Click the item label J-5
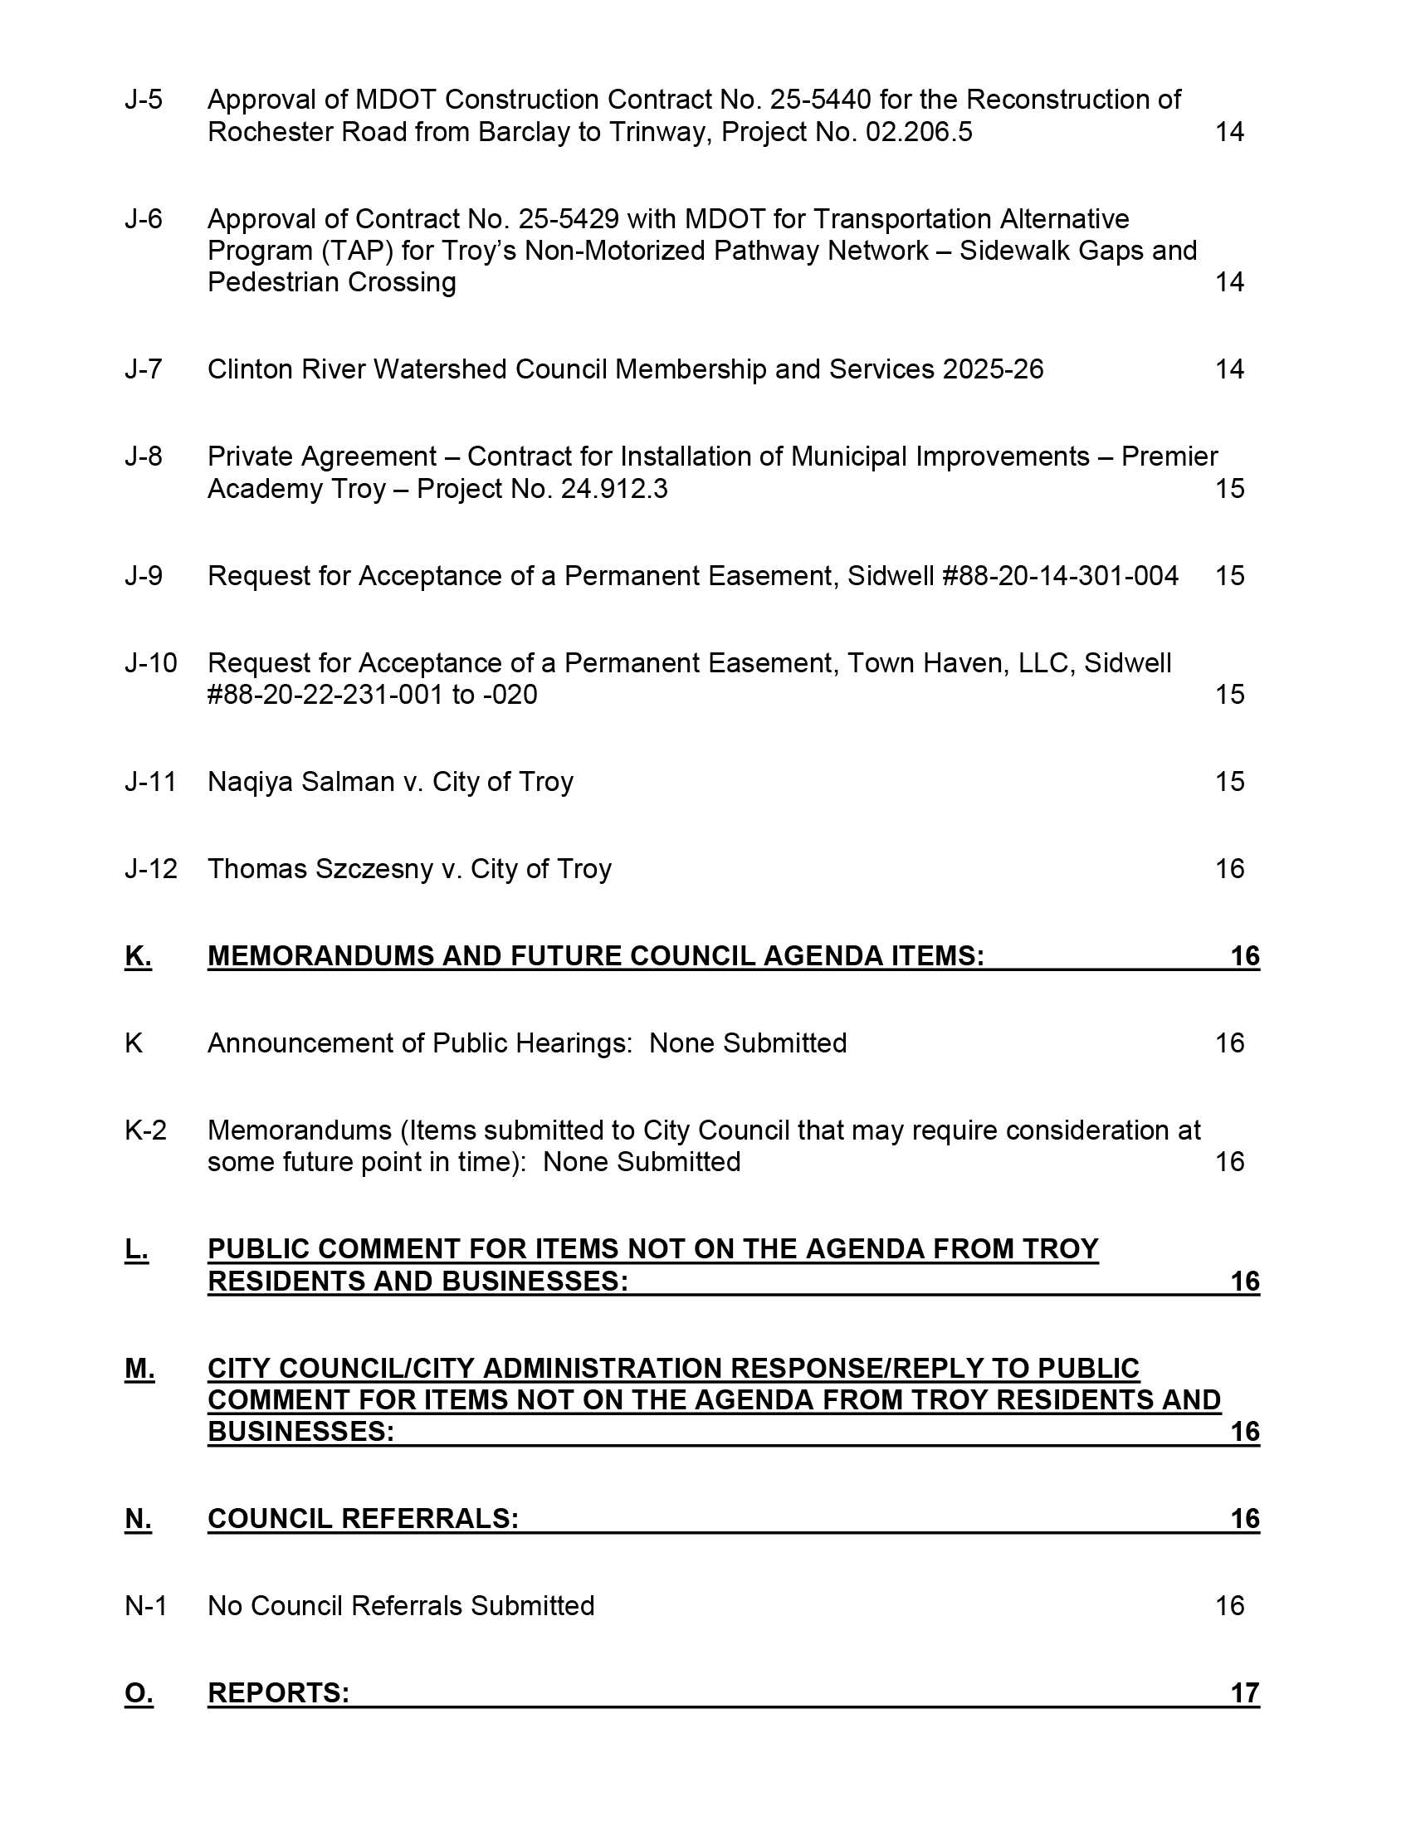(143, 100)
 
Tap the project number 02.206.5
(919, 132)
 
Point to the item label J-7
(143, 369)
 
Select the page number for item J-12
(1228, 870)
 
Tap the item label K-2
(145, 1130)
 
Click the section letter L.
(136, 1249)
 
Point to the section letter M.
(139, 1369)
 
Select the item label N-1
(145, 1606)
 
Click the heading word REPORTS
(277, 1693)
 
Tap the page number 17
(1245, 1693)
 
